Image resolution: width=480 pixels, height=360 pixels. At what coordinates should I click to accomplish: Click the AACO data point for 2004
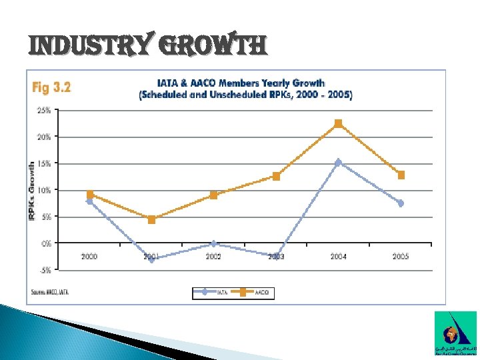(338, 123)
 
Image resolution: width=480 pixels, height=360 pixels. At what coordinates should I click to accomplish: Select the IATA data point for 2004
(338, 162)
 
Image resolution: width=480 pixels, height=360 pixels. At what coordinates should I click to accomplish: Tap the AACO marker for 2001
(151, 219)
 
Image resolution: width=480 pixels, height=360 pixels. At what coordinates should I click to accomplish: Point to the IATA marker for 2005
(401, 203)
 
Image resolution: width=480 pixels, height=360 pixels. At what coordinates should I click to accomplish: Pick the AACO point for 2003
(276, 176)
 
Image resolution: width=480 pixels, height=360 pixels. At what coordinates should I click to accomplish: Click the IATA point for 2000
(89, 201)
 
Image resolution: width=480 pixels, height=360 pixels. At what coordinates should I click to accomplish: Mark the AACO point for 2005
(401, 175)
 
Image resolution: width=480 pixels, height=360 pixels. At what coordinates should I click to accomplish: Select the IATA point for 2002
(213, 243)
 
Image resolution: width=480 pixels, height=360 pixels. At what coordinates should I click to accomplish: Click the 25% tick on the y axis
(43, 111)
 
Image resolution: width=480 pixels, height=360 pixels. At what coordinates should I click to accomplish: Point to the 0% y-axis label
(45, 243)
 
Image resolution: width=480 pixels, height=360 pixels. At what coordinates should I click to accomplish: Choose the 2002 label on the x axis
(213, 256)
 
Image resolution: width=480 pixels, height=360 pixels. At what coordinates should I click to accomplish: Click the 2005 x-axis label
(401, 256)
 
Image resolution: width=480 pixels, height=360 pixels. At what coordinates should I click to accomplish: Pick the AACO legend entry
(254, 291)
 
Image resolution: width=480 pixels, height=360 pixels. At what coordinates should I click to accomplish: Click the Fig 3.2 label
(51, 87)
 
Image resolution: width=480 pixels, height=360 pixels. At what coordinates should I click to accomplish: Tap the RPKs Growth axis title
(31, 183)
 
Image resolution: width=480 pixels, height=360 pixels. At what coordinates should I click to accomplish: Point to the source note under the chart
(50, 292)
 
